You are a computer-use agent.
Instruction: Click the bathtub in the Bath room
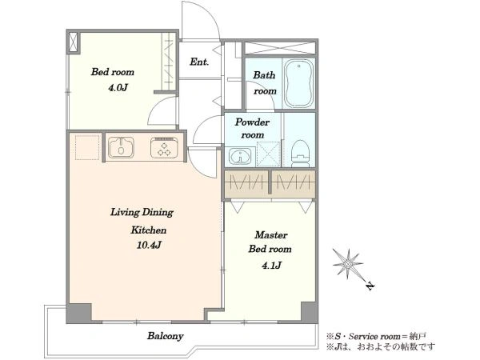coord(298,83)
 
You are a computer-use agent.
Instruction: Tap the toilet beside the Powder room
coord(300,154)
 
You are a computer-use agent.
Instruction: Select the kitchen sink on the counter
coord(122,147)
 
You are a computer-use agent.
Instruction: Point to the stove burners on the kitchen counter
coord(164,148)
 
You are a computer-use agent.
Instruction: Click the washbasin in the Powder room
coord(240,157)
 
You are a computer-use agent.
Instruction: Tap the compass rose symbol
coord(347,263)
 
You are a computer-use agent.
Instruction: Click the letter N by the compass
coord(370,286)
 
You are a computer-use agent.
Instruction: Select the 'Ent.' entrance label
coord(199,62)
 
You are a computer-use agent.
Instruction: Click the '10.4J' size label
coord(149,245)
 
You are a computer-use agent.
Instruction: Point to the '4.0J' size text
coord(118,88)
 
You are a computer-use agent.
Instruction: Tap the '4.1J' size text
coord(271,266)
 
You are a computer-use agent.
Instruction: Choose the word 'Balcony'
coord(166,336)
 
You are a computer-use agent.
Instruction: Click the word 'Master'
coord(271,234)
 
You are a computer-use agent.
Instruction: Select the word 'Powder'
coord(252,122)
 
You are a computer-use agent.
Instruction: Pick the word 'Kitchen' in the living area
coord(149,230)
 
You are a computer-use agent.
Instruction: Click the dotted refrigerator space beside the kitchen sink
coord(87,147)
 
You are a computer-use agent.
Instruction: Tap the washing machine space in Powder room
coord(268,154)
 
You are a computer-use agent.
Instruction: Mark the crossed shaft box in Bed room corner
coord(74,42)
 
